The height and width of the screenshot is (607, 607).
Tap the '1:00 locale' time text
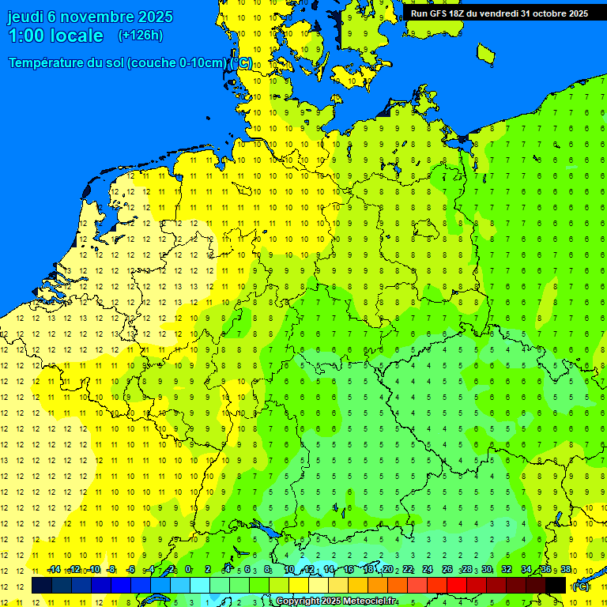click(x=55, y=36)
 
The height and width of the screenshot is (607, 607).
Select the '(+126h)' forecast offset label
click(x=140, y=36)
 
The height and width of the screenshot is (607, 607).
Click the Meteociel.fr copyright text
click(x=336, y=601)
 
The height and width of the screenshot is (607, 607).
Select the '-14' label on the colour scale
click(x=54, y=569)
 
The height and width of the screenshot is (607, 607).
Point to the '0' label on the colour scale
click(x=188, y=569)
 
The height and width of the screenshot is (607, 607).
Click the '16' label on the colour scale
click(x=349, y=569)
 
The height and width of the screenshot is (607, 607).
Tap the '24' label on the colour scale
click(x=428, y=569)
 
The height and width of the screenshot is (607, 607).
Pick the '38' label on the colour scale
click(x=566, y=569)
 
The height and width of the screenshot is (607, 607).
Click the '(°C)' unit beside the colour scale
click(x=580, y=586)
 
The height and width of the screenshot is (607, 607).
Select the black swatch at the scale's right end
click(x=556, y=586)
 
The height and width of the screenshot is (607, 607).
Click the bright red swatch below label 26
click(x=457, y=586)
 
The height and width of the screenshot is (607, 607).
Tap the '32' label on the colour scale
click(x=507, y=569)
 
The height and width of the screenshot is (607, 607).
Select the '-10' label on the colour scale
click(x=93, y=569)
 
